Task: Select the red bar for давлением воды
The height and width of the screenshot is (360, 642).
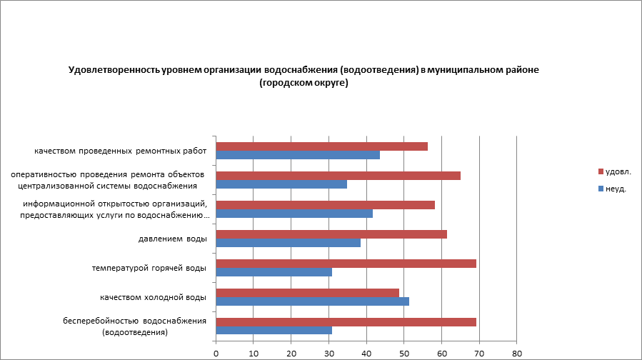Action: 331,234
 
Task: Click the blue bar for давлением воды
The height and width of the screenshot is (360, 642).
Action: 288,243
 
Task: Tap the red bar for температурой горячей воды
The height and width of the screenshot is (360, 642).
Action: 346,264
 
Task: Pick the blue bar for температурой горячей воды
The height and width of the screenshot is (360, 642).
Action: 274,272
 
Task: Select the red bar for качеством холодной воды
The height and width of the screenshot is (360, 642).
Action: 307,293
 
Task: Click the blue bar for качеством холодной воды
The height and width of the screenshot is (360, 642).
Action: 312,301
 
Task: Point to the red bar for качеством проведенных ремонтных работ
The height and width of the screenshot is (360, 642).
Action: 321,146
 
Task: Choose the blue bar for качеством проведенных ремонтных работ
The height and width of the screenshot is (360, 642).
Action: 298,155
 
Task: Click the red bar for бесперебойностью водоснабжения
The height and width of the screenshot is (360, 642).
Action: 346,322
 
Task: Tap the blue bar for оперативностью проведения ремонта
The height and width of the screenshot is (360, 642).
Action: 281,184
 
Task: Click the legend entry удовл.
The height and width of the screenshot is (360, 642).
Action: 617,171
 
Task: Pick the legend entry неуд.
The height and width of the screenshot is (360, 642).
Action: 615,189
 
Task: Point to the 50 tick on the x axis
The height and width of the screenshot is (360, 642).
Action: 404,353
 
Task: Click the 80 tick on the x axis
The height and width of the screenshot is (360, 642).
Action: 517,353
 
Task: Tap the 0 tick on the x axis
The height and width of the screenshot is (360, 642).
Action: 216,353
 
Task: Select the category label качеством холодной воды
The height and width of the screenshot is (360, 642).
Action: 153,297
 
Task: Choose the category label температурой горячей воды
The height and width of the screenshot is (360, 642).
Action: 149,268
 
